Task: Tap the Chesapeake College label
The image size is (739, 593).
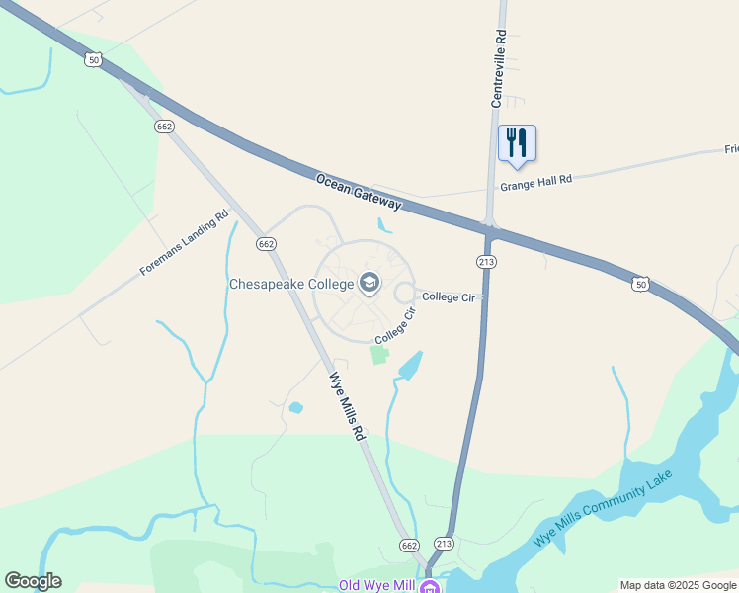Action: point(291,284)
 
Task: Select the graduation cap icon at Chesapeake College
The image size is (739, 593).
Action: point(369,284)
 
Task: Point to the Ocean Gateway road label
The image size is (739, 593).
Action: point(359,192)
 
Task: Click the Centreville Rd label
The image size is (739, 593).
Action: point(499,68)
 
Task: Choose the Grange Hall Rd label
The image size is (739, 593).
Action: point(536,182)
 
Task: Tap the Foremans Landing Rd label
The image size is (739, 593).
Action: point(184,242)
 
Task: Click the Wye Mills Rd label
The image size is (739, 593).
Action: point(347,405)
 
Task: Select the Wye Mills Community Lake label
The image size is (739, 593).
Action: point(603,508)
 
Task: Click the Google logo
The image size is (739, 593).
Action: point(33,581)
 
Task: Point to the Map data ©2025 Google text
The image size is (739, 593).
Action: point(678,585)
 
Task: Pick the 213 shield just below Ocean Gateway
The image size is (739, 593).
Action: point(485,262)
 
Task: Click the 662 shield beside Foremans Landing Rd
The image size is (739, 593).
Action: point(264,243)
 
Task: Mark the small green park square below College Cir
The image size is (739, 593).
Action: point(379,355)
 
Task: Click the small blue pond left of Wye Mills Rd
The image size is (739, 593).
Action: point(295,407)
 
